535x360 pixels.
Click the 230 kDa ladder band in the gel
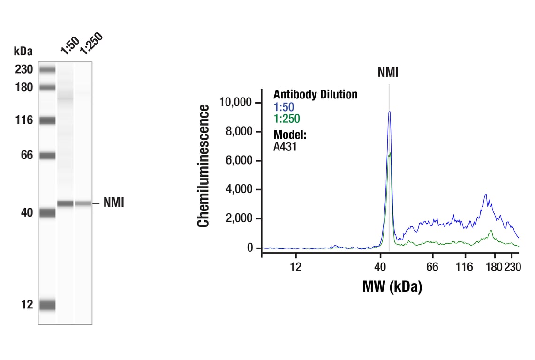(x=47, y=70)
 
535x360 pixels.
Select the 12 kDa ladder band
(x=47, y=305)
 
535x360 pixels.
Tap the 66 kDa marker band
(x=47, y=155)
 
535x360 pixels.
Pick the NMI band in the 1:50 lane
(x=66, y=203)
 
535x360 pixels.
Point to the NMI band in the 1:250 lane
(x=83, y=203)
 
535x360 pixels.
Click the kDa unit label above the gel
(x=23, y=51)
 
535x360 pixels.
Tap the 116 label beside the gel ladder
(x=23, y=120)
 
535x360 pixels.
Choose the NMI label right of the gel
(x=113, y=203)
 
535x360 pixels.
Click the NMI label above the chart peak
(x=388, y=73)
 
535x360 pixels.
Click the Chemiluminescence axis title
(x=203, y=166)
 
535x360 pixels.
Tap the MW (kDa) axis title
(x=392, y=286)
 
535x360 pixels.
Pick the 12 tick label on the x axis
(x=295, y=267)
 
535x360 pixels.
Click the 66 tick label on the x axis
(x=432, y=267)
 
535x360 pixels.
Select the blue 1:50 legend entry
(x=284, y=107)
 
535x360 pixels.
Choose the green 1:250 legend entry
(x=286, y=119)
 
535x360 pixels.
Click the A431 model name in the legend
(x=285, y=146)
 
